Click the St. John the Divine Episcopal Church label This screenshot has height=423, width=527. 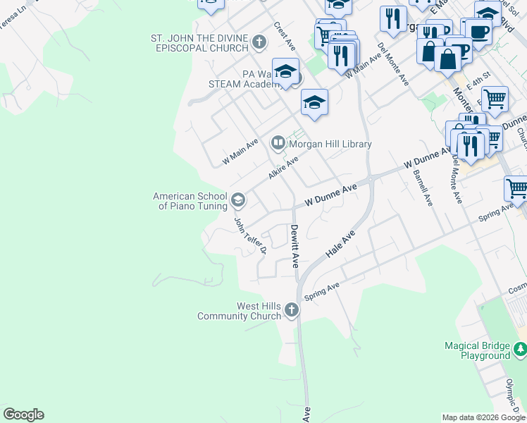point(199,42)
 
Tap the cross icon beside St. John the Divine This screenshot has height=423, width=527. point(259,43)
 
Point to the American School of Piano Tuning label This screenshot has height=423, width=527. point(190,201)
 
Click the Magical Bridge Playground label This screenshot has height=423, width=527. point(477,350)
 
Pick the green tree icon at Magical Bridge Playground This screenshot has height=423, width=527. point(520,349)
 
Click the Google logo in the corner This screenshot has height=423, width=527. point(23,415)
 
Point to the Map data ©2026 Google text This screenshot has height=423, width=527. point(483,417)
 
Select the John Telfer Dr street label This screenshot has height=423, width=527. point(250,235)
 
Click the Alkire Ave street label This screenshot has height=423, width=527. point(283,168)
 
